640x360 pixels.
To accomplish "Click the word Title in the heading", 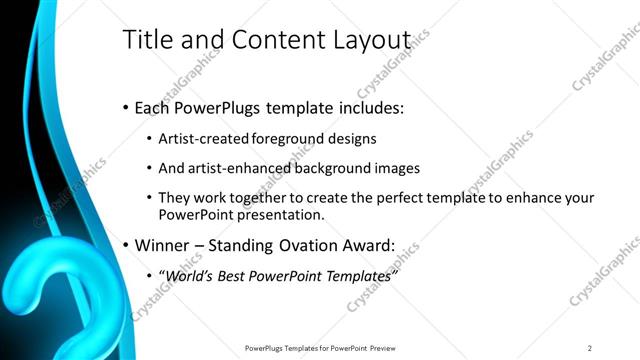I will pyautogui.click(x=144, y=39).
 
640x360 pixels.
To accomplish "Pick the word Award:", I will pyautogui.click(x=367, y=245).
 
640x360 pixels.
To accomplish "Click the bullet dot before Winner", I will pyautogui.click(x=125, y=245).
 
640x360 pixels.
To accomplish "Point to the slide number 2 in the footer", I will pyautogui.click(x=590, y=348).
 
